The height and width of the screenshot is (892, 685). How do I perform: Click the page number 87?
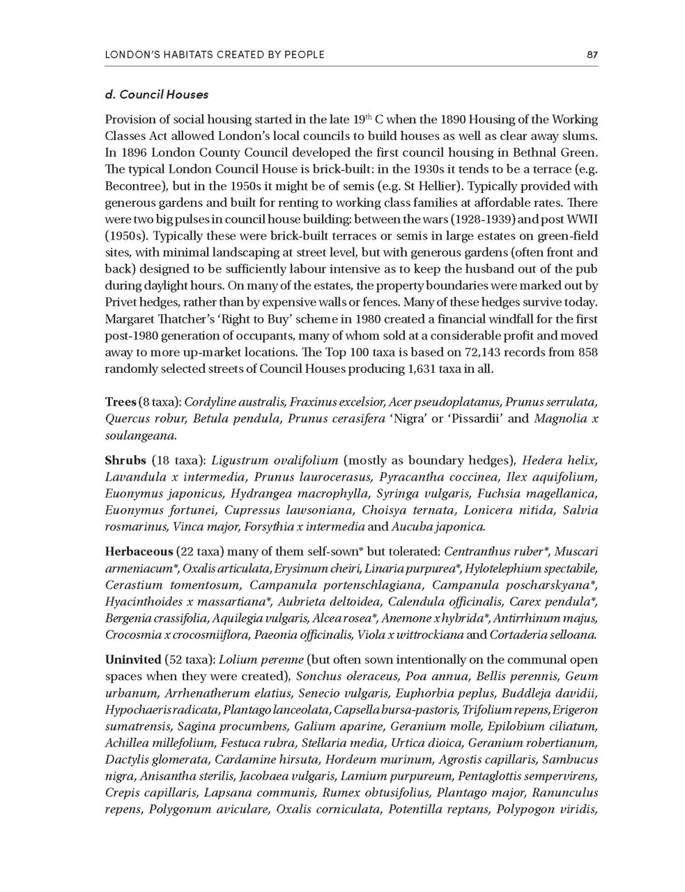(x=592, y=54)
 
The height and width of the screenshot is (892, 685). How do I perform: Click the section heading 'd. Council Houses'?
(x=156, y=94)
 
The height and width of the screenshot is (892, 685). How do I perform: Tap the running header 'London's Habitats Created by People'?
(x=214, y=54)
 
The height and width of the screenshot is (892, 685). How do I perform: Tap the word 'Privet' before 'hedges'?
(x=121, y=302)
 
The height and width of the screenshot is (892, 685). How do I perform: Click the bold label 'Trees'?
(x=121, y=402)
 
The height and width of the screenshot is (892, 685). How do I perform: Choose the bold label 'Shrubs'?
(x=125, y=461)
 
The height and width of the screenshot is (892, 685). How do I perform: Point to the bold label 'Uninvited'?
(x=132, y=659)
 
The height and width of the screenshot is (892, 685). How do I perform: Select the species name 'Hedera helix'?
(x=559, y=461)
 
